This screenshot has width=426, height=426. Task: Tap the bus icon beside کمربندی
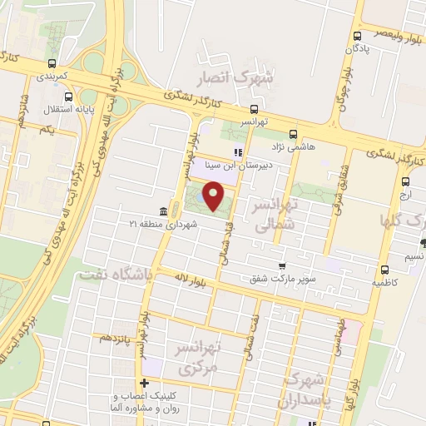[53, 63]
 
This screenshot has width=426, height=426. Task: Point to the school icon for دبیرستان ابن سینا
[237, 153]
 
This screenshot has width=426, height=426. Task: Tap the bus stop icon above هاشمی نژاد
[292, 133]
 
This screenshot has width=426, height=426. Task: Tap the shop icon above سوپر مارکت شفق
[282, 266]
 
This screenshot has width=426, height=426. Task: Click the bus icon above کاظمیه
[384, 270]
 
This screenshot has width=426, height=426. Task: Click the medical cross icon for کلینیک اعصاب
[145, 384]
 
